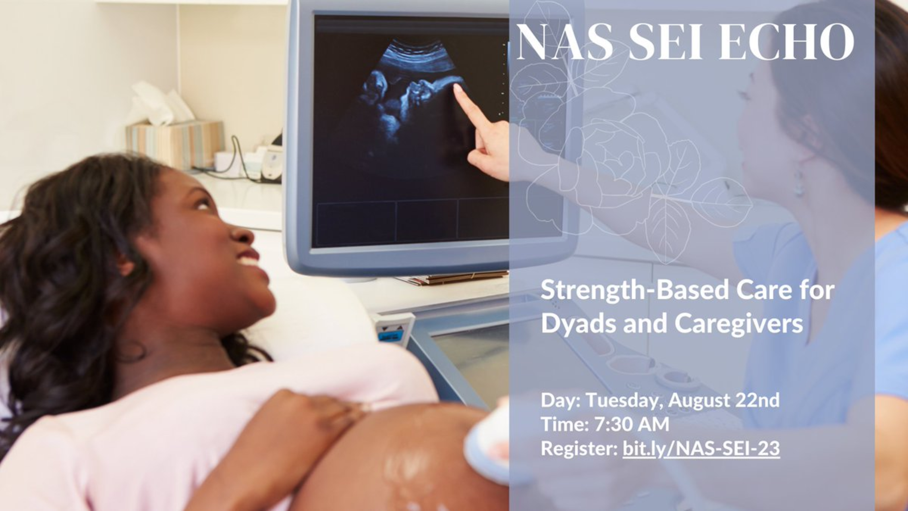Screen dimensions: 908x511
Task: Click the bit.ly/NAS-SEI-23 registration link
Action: click(x=701, y=448)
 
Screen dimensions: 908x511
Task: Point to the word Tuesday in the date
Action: click(x=624, y=400)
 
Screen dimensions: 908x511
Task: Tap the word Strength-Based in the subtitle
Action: click(x=634, y=291)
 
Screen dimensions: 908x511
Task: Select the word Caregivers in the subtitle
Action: click(x=739, y=324)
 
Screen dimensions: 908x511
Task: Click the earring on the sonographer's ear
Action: click(x=799, y=185)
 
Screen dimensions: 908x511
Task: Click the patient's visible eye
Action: click(x=203, y=205)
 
